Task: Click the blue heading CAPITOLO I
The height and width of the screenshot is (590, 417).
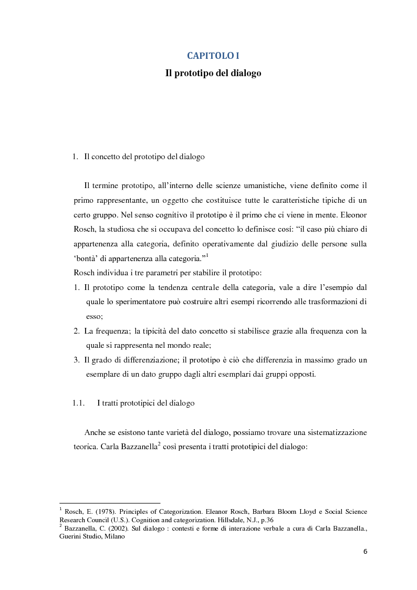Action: pos(213,56)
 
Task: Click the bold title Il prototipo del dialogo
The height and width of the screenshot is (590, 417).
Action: pos(213,74)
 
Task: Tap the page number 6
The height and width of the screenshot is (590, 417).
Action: pos(365,552)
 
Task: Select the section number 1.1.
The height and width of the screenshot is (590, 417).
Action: pos(79,403)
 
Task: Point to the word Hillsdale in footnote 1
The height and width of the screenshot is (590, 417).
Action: pos(223,520)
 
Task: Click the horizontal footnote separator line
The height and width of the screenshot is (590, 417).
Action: pos(110,503)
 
